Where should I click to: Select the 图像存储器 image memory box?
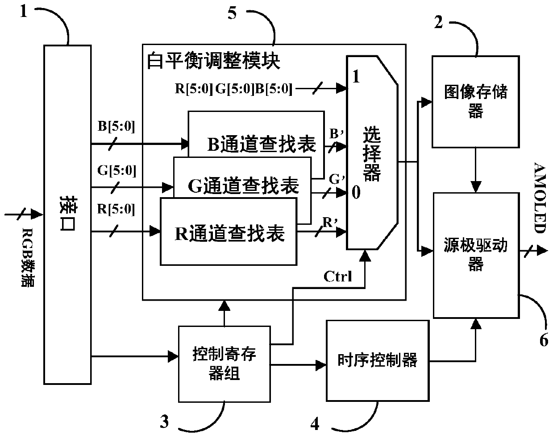tap(476, 102)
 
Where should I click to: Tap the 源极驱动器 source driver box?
tap(476, 255)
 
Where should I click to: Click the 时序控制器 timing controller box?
tap(378, 360)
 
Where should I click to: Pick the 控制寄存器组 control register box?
tap(225, 364)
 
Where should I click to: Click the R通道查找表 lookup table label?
tap(230, 233)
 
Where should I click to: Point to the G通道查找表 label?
tap(243, 186)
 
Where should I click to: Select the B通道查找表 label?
tap(262, 145)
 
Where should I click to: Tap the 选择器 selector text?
tap(372, 153)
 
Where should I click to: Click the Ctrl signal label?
tap(338, 277)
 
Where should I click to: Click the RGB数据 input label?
tap(27, 257)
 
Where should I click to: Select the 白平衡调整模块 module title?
tap(213, 61)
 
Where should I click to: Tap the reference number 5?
tap(232, 13)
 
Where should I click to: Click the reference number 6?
tap(544, 340)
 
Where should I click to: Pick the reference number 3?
tap(164, 421)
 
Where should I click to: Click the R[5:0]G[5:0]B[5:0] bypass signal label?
tap(233, 89)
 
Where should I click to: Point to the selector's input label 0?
tap(356, 192)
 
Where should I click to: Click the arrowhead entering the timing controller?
tap(321, 365)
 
